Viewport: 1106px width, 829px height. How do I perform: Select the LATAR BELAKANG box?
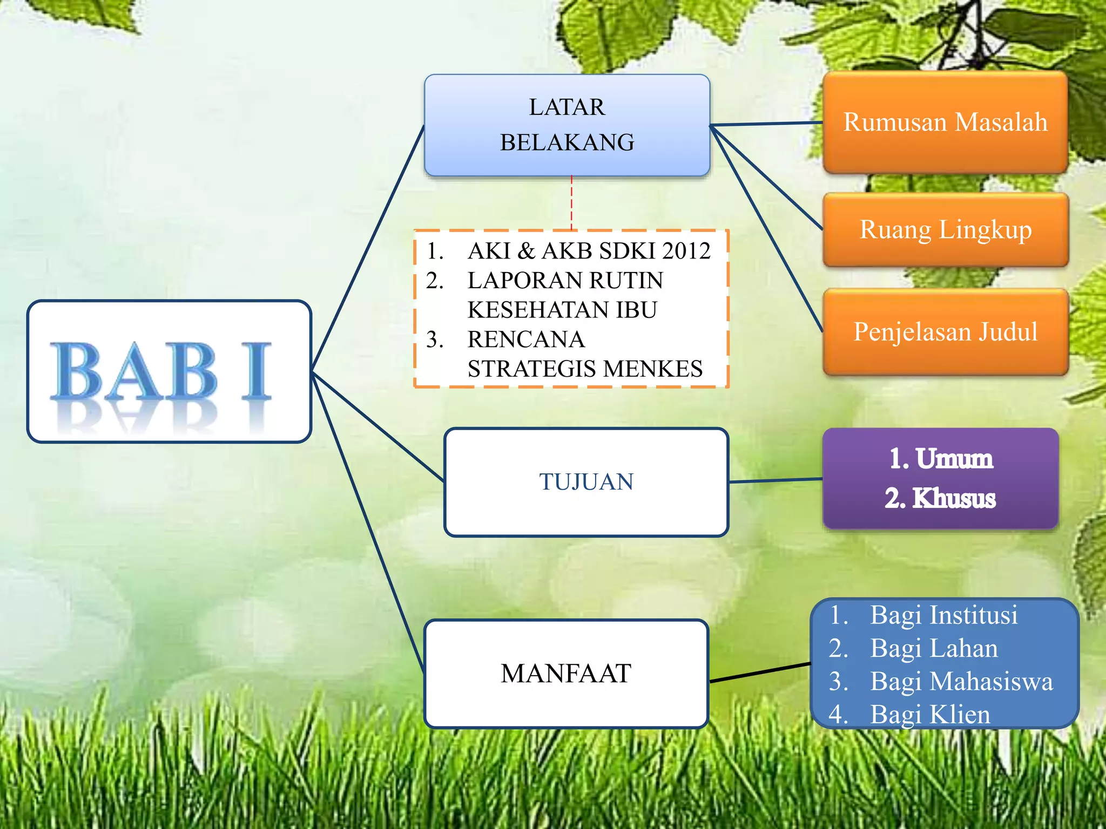click(x=567, y=125)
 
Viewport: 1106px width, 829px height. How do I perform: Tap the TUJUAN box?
click(x=586, y=481)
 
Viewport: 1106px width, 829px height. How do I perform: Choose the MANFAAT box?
click(x=566, y=673)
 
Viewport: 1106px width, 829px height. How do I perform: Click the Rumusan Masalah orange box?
click(x=945, y=122)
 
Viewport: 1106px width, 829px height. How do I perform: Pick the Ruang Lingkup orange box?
click(x=946, y=229)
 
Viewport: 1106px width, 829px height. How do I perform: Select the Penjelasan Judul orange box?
click(x=946, y=331)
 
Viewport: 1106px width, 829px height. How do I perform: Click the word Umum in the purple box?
click(x=954, y=459)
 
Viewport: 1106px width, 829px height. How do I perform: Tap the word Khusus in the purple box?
click(x=954, y=498)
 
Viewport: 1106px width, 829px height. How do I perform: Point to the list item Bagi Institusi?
click(x=943, y=615)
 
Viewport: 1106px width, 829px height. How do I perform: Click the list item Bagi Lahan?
click(x=934, y=648)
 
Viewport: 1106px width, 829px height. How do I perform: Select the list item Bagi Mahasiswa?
click(x=961, y=681)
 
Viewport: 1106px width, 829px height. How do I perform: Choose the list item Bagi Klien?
click(x=930, y=715)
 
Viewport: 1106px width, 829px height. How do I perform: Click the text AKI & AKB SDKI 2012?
click(x=589, y=251)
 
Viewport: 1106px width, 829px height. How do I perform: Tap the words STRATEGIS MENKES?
click(x=585, y=369)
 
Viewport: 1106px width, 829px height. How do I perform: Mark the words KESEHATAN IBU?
click(x=562, y=310)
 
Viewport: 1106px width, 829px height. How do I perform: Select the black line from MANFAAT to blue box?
click(x=760, y=672)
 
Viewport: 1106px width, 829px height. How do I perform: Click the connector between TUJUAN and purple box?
click(x=775, y=480)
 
